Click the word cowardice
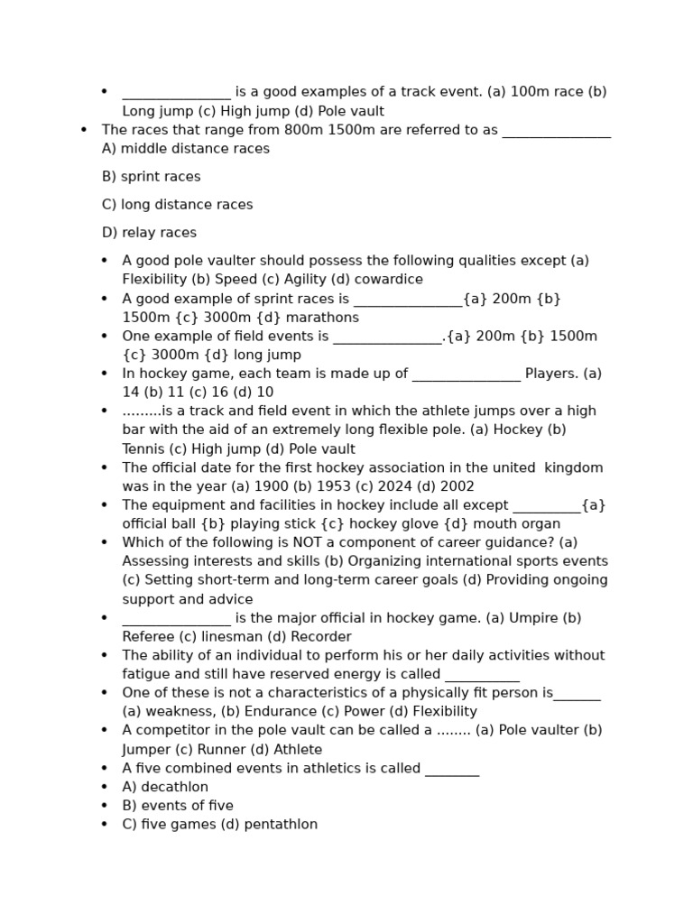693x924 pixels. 388,280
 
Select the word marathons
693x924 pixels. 326,318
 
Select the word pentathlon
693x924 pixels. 281,824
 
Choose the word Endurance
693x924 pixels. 280,712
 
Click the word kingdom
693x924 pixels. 573,467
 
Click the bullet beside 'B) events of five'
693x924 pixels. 104,806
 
